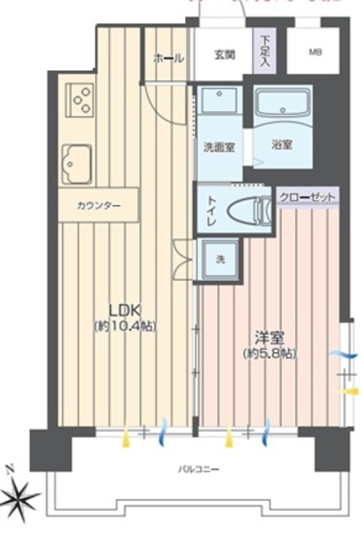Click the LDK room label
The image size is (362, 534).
(126, 306)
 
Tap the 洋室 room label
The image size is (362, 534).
(269, 337)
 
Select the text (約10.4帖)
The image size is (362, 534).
(126, 324)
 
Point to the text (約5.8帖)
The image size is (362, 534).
(269, 354)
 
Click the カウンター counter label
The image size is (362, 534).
(98, 205)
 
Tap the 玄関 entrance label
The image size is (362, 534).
(224, 56)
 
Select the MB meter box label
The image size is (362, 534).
(314, 53)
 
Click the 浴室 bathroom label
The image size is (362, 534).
(282, 144)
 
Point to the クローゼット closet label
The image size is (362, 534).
(309, 196)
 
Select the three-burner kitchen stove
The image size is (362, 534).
(80, 100)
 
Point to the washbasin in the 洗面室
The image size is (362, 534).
(219, 104)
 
